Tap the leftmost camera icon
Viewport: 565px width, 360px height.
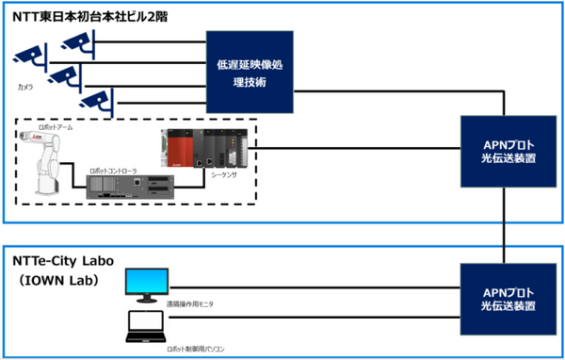point(30,57)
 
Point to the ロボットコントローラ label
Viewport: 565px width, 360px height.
point(113,170)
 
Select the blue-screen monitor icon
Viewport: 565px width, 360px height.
point(146,284)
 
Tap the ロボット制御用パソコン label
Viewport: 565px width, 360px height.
point(199,349)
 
